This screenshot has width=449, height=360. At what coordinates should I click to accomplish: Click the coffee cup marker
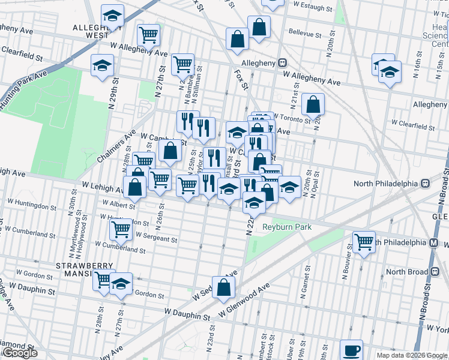pos(351,349)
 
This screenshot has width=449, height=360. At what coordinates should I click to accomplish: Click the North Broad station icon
pos(432,271)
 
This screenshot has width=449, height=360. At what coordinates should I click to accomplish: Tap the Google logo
pos(20,353)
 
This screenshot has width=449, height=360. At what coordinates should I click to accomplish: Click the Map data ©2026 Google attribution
pos(411,355)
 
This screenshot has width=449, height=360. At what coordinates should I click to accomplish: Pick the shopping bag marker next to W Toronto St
pos(313,104)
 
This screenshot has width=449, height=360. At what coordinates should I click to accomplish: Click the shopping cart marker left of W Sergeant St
pos(121,228)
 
